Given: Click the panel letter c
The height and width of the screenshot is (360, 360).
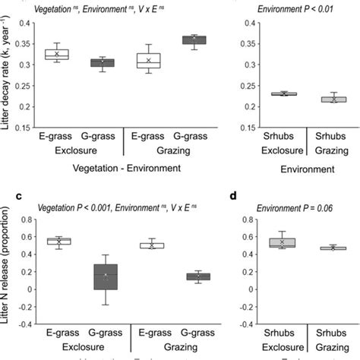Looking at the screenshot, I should pos(5,194).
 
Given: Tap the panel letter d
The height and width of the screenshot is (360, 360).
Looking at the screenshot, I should pos(232,194).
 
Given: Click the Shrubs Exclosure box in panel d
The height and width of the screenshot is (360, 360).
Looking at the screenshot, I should pos(282,243).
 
